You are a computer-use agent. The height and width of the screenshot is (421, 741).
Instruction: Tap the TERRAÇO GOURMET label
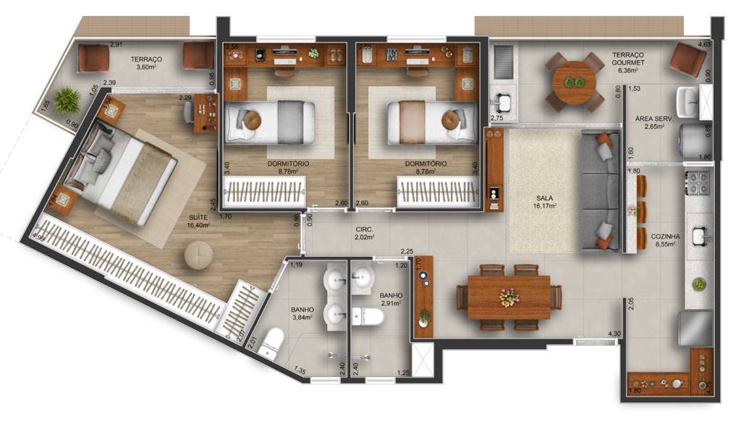(x=628, y=59)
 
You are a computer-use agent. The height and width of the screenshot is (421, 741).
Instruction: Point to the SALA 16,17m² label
(x=545, y=200)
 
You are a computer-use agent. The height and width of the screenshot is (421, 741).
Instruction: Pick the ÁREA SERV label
(x=651, y=122)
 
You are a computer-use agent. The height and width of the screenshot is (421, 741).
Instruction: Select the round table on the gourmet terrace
(x=574, y=82)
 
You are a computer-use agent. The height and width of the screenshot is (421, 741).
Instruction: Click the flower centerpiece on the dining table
(x=509, y=297)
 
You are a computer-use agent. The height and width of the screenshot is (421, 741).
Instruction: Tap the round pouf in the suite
(x=198, y=255)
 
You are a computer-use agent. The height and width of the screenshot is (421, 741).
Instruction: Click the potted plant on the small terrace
(x=67, y=100)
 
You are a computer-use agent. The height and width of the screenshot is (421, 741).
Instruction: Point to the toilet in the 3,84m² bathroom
(x=271, y=341)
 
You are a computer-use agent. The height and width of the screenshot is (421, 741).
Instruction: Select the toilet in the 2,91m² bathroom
(x=370, y=315)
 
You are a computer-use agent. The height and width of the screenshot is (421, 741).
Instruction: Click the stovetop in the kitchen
(x=699, y=184)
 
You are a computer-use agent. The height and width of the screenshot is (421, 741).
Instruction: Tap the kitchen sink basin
(x=699, y=235)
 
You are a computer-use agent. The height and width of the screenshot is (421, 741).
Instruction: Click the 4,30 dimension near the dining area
(x=614, y=333)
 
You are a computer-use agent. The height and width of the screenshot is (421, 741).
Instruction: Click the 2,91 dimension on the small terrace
(x=116, y=45)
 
